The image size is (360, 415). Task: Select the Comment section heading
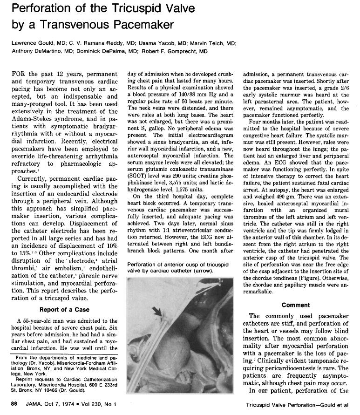[x=296, y=305]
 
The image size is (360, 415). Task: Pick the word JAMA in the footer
[x=34, y=405]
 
